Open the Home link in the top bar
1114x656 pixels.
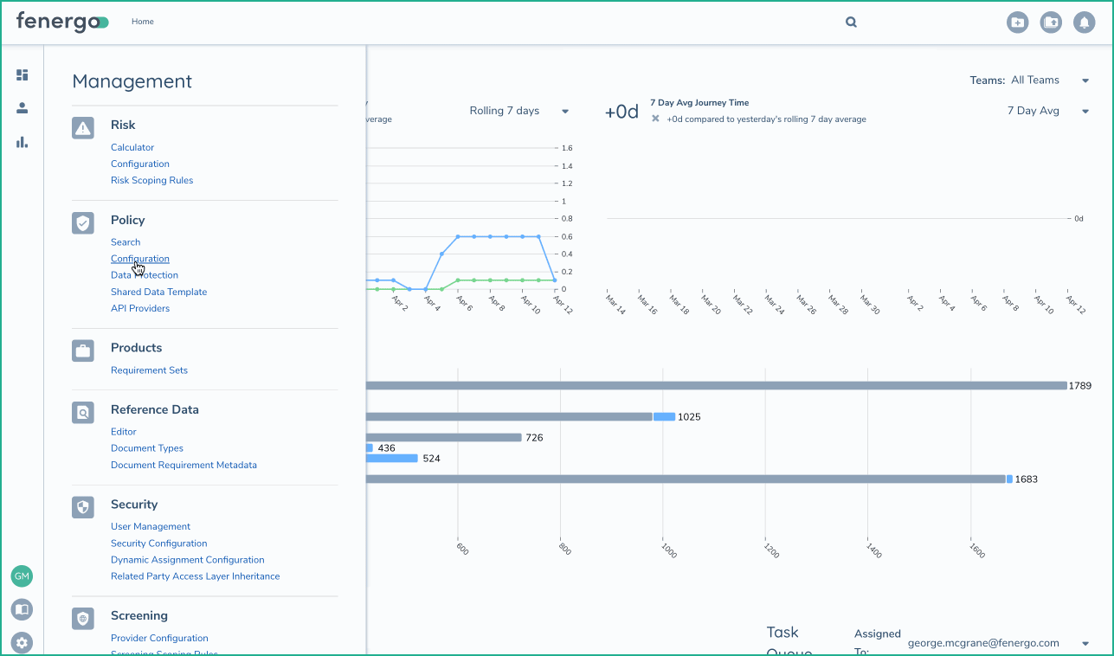(x=143, y=22)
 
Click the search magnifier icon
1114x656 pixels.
(x=851, y=23)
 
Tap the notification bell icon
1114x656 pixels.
(x=1084, y=23)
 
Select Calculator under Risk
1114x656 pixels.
(x=132, y=148)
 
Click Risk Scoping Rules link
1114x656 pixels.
(x=151, y=181)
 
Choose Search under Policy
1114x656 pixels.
(x=126, y=242)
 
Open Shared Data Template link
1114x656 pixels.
(x=158, y=293)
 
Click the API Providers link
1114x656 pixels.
(x=140, y=309)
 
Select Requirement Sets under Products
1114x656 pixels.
(x=149, y=370)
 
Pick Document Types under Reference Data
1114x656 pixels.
(x=147, y=448)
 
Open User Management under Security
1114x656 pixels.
(x=151, y=527)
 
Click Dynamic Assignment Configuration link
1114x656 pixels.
(x=187, y=560)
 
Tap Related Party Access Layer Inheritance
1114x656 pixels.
(x=195, y=576)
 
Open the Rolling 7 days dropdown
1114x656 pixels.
(x=518, y=111)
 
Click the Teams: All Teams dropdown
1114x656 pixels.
(x=1029, y=80)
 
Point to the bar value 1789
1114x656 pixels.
(x=1080, y=386)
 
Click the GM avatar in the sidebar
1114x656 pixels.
(x=22, y=576)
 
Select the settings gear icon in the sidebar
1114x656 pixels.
(x=22, y=643)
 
